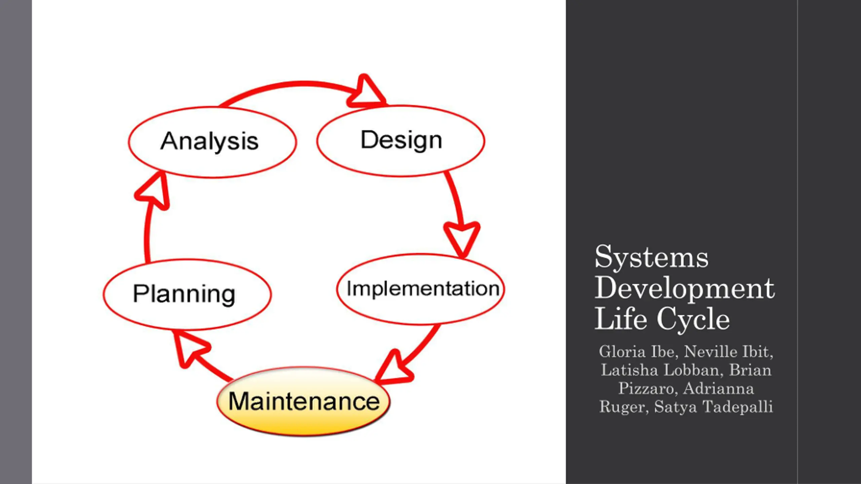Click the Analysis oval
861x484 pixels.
coord(212,142)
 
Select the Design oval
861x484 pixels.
coord(401,141)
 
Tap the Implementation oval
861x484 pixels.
coord(421,289)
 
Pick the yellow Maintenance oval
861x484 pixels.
coord(304,401)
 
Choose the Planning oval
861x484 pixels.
coord(187,294)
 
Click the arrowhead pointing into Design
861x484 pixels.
coord(366,91)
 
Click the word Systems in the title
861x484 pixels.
coord(651,257)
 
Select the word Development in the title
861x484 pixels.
coord(685,288)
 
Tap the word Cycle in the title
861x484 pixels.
coord(693,319)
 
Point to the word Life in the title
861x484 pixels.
coord(621,318)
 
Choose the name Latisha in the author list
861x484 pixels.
coord(629,370)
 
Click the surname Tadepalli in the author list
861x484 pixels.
coord(738,407)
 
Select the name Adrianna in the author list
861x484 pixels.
coord(718,389)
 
